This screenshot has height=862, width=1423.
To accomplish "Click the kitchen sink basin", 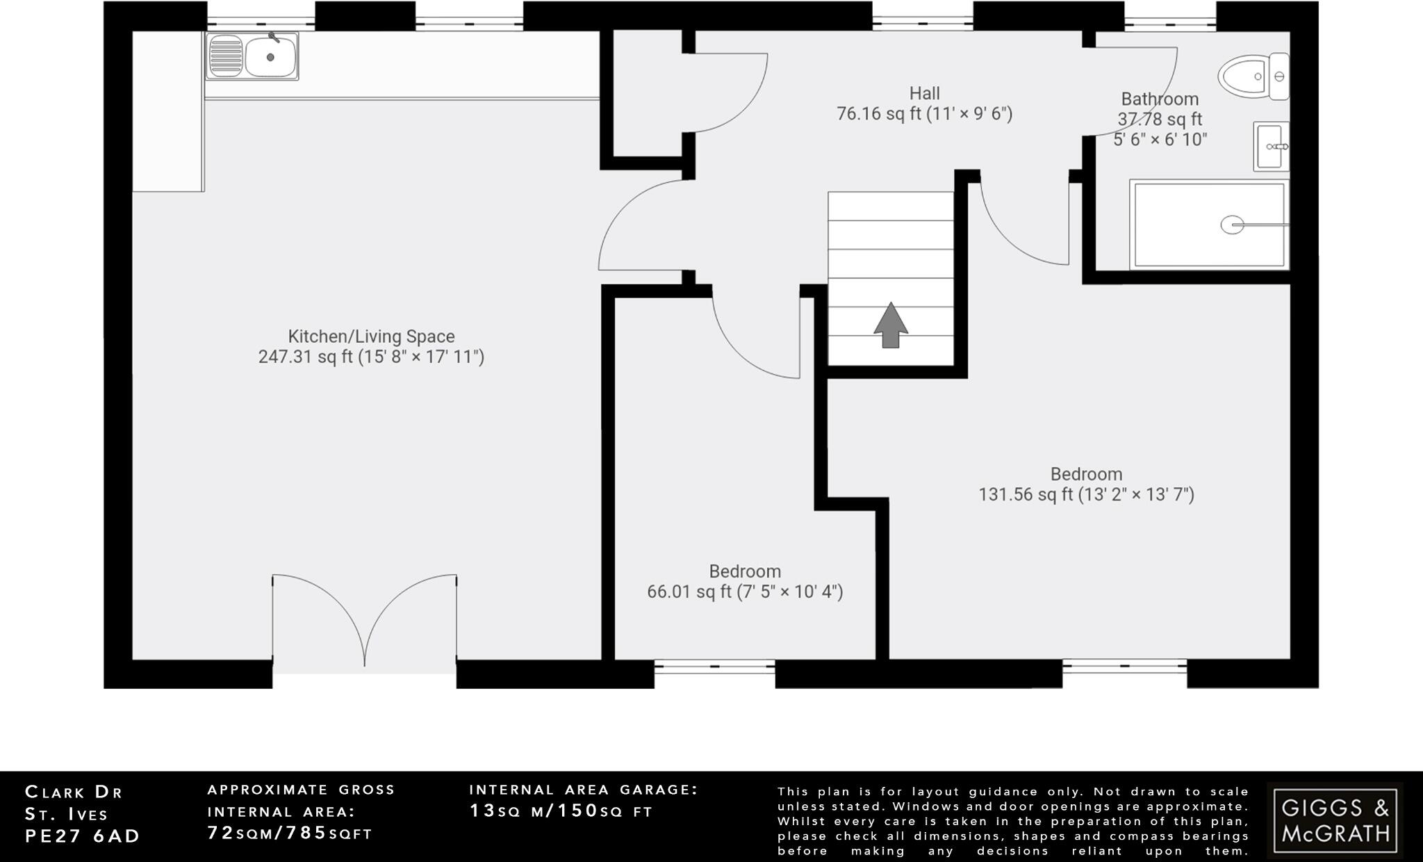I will click(272, 57).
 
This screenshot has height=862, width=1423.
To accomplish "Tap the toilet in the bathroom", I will click(1251, 76).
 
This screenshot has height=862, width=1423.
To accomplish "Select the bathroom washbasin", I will click(1271, 147).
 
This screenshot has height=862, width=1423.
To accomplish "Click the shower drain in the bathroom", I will click(1232, 225).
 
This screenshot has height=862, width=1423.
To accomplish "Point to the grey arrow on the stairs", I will click(890, 325).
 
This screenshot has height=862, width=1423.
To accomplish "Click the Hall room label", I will click(924, 94).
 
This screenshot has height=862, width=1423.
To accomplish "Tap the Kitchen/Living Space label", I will click(371, 336).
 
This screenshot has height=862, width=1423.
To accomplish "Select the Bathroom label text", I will click(1160, 99).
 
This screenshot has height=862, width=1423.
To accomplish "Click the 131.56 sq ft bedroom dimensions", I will click(1086, 495).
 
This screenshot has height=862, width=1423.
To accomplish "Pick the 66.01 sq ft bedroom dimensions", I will click(745, 592).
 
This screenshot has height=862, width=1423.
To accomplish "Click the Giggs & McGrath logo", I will click(1335, 820).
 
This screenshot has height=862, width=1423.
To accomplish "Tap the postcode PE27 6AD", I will click(83, 836).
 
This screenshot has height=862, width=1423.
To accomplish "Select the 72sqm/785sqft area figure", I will click(290, 833).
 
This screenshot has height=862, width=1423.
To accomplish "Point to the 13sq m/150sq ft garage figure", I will click(561, 811).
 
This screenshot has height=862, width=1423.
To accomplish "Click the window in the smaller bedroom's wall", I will click(714, 666).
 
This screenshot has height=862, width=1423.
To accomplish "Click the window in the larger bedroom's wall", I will click(1124, 666).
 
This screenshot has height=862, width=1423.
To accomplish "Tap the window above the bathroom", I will click(1170, 23).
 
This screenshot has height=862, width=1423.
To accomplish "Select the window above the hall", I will click(922, 23).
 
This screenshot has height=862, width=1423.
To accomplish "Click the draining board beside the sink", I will click(225, 56).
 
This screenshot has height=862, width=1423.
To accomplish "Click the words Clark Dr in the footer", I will click(74, 792).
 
